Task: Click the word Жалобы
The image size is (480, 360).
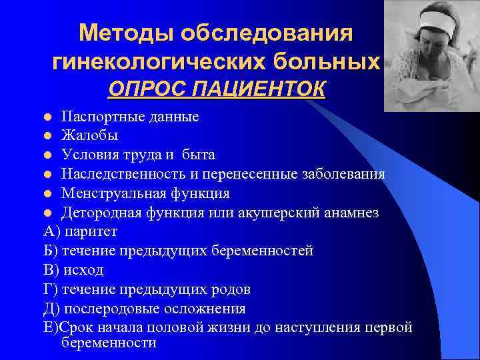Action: tap(90, 136)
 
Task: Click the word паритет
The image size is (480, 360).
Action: tap(91, 232)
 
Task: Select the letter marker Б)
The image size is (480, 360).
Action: tap(51, 251)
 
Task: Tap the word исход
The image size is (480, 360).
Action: tap(83, 271)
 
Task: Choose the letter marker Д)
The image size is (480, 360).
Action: tap(51, 309)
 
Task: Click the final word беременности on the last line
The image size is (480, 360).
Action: tap(109, 343)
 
